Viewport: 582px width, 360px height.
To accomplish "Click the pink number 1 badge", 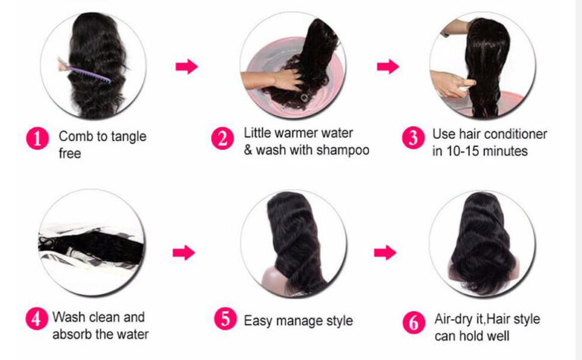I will (x=37, y=138).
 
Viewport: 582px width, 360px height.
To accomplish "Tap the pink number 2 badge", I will (x=222, y=139).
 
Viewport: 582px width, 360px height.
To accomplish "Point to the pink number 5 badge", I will (x=225, y=319).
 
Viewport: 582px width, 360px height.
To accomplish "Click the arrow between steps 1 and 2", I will (x=186, y=67).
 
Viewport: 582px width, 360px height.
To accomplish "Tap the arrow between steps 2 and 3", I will (x=388, y=67).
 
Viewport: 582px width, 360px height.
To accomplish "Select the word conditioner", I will (x=515, y=134).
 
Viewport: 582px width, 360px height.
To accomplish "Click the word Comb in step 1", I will (x=74, y=137).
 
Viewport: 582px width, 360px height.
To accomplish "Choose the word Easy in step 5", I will (x=258, y=320).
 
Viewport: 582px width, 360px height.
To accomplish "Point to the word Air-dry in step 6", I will (x=453, y=319).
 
